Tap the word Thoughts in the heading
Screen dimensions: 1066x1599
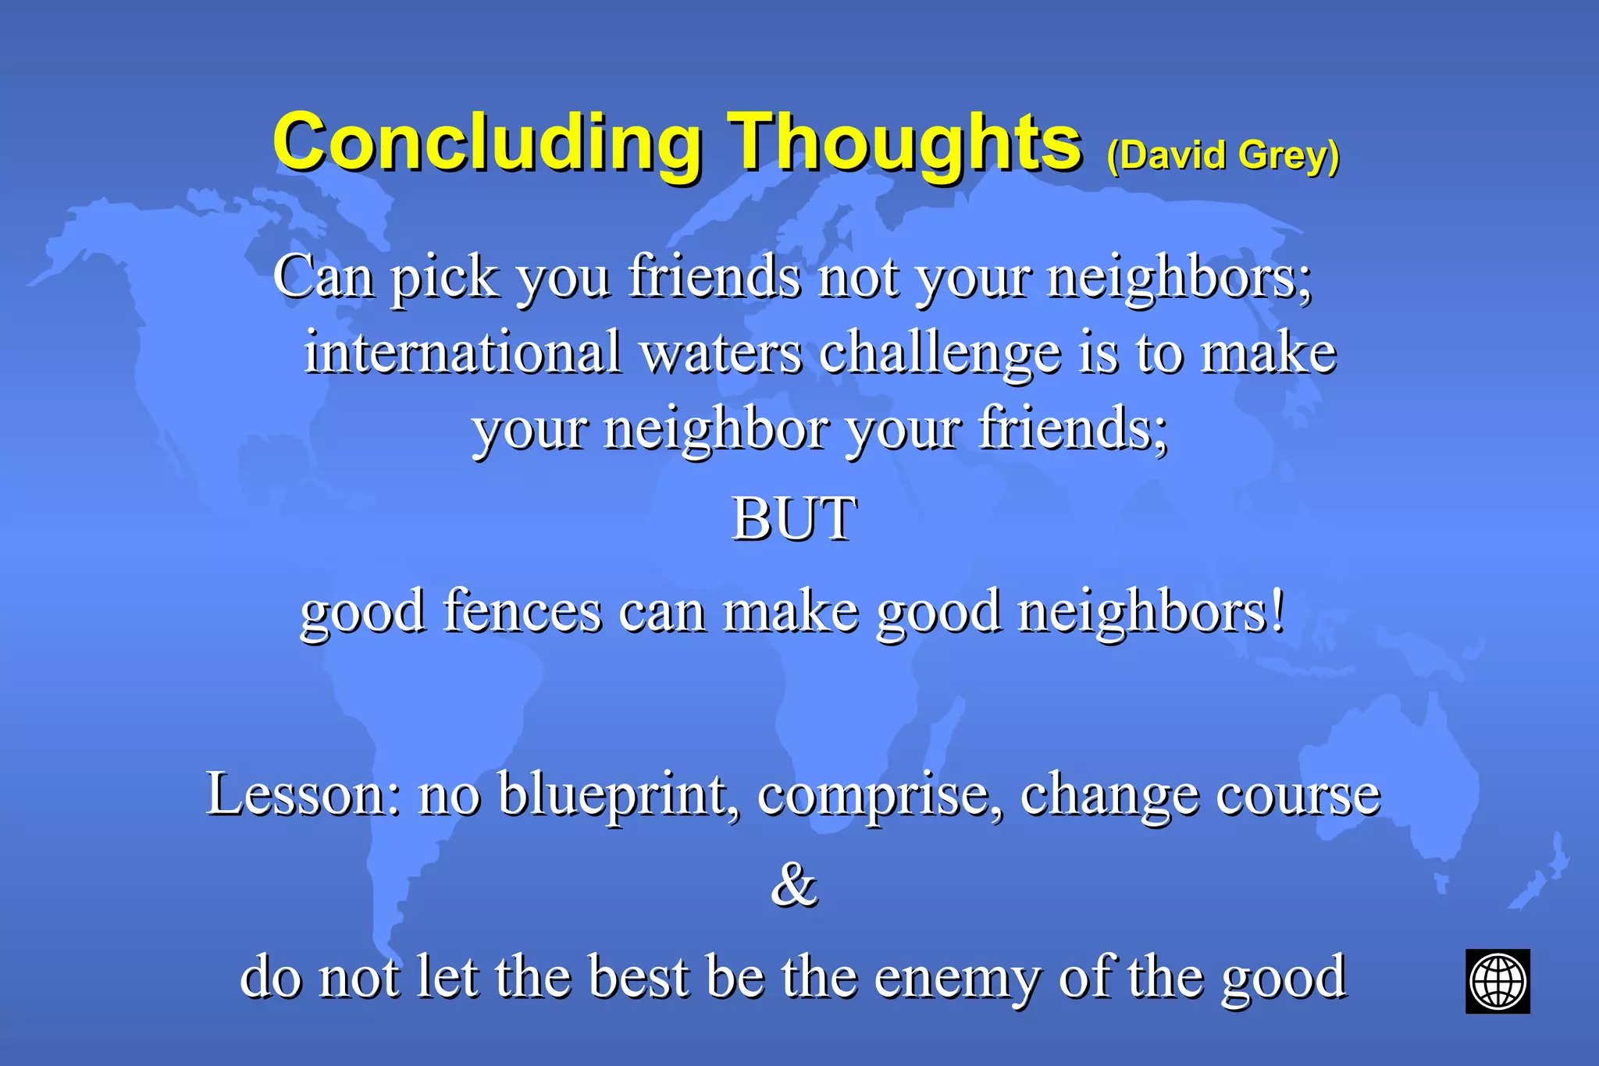pos(906,144)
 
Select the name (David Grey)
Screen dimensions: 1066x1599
pos(1223,155)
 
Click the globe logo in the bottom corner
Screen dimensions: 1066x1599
pos(1497,981)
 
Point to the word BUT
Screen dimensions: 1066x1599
pos(794,519)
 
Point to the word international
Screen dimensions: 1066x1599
pos(462,352)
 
